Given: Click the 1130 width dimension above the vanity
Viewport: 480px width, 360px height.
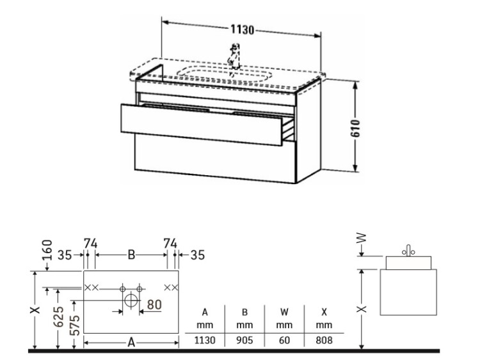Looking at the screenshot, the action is pyautogui.click(x=242, y=30).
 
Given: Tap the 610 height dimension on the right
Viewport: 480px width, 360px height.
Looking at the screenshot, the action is pyautogui.click(x=356, y=128).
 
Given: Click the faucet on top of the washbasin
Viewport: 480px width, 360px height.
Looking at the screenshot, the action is pyautogui.click(x=235, y=56).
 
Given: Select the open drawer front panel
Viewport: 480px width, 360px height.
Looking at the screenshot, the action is pyautogui.click(x=202, y=125).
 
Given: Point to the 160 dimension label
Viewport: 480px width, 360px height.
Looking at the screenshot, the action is pyautogui.click(x=47, y=250).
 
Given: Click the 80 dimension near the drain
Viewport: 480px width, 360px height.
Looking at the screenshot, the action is pyautogui.click(x=154, y=304).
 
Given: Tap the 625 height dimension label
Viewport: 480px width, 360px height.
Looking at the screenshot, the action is pyautogui.click(x=58, y=317).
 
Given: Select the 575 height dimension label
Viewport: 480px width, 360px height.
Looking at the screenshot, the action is pyautogui.click(x=75, y=325).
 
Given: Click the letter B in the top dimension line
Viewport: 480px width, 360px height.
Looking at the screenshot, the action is pyautogui.click(x=131, y=254).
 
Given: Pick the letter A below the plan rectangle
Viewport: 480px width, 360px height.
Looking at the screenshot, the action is pyautogui.click(x=131, y=343).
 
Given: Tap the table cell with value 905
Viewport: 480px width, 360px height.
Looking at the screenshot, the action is pyautogui.click(x=244, y=340).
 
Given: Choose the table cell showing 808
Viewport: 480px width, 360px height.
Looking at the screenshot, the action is pyautogui.click(x=324, y=340).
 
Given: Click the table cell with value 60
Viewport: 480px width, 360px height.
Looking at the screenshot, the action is pyautogui.click(x=284, y=340).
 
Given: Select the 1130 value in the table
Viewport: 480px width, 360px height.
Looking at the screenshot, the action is pyautogui.click(x=205, y=340).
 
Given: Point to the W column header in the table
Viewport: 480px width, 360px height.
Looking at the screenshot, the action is pyautogui.click(x=284, y=312).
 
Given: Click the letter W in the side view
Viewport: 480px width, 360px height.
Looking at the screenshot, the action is pyautogui.click(x=362, y=238).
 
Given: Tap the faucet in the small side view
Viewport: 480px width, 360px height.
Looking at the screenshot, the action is pyautogui.click(x=408, y=251).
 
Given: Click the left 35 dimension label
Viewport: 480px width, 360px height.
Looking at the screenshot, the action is pyautogui.click(x=65, y=254).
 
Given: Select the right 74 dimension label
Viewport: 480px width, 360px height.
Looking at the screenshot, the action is pyautogui.click(x=170, y=244).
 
